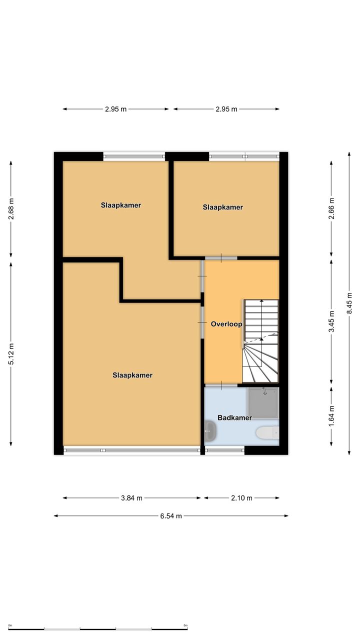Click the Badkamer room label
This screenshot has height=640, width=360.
(234, 417)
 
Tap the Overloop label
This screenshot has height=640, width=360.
(226, 324)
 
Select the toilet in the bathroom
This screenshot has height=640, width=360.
(267, 432)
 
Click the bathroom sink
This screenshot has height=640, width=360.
(210, 431)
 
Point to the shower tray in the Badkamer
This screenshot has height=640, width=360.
(263, 403)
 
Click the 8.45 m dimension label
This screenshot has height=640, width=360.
(349, 303)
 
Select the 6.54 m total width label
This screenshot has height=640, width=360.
(171, 515)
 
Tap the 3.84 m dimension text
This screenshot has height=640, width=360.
(131, 498)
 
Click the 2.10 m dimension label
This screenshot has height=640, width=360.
(241, 498)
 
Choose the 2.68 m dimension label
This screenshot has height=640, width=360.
(11, 209)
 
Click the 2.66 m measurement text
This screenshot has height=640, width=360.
(331, 208)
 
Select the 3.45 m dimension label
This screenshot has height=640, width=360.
(331, 321)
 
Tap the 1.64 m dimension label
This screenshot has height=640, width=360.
(331, 416)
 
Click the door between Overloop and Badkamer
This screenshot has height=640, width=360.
(221, 385)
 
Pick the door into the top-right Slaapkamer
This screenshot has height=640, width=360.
(221, 258)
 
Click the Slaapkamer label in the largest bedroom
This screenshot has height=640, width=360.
(132, 375)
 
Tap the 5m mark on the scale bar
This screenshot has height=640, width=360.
(185, 625)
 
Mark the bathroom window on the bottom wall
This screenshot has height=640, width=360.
(225, 450)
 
